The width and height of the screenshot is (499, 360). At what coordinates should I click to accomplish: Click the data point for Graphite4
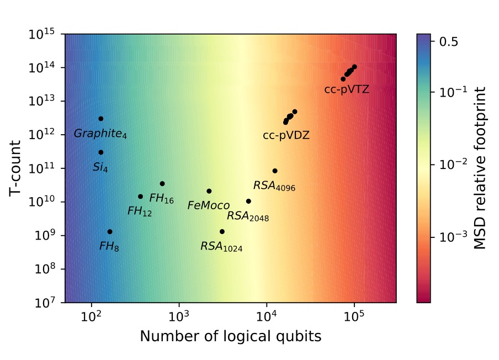(x=101, y=119)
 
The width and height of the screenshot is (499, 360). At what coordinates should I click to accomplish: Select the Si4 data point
(x=101, y=152)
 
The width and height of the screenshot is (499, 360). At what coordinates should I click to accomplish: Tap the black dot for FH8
(x=110, y=232)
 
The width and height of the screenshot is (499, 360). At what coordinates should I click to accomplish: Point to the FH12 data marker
(x=140, y=197)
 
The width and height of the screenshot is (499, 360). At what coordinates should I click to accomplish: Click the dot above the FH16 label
(x=162, y=184)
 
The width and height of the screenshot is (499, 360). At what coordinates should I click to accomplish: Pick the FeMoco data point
(x=209, y=191)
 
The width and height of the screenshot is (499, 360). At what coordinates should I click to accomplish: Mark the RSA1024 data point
(x=222, y=232)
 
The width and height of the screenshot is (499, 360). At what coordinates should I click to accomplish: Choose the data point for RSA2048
(x=248, y=202)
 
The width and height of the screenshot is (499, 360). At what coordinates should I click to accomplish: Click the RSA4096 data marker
(x=275, y=171)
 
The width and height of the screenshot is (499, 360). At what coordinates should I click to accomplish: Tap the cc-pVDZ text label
(x=286, y=135)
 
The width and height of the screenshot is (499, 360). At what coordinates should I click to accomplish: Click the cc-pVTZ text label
(x=347, y=90)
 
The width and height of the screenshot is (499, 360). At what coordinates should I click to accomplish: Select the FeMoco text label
(x=209, y=206)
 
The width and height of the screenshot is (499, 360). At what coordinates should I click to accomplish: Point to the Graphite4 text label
(x=100, y=134)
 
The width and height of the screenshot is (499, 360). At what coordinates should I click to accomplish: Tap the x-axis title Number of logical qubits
(x=230, y=336)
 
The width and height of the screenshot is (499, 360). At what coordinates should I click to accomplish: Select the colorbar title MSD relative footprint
(x=481, y=168)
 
